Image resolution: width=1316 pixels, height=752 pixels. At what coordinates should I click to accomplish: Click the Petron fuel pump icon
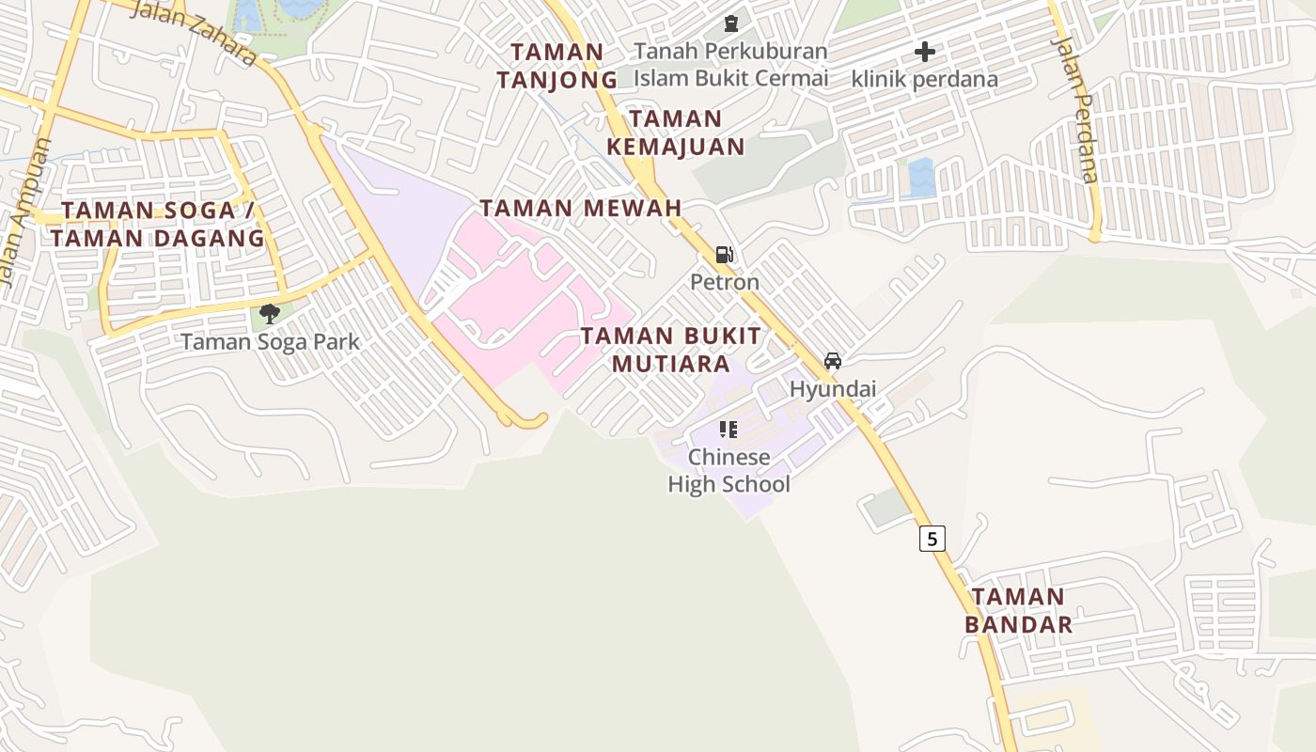(x=724, y=254)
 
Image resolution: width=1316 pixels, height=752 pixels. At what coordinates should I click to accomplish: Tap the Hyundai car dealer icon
(x=832, y=361)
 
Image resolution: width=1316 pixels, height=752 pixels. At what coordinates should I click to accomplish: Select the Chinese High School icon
(x=728, y=430)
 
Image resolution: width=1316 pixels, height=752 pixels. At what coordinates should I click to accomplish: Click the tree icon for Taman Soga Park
(x=270, y=313)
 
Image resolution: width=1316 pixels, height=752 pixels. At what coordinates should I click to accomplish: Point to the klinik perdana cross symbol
(x=925, y=52)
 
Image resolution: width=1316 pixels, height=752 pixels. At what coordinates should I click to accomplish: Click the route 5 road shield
(x=932, y=539)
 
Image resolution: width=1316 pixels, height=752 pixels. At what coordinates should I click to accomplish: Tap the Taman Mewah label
(x=581, y=208)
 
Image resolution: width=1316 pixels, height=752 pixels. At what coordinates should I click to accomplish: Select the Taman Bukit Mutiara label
(x=670, y=350)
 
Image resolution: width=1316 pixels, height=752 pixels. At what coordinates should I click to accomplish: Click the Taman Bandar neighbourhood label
(x=1018, y=610)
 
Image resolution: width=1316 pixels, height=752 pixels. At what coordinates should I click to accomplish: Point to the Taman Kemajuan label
(x=676, y=133)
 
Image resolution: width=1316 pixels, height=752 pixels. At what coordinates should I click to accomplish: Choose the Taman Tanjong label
(x=557, y=66)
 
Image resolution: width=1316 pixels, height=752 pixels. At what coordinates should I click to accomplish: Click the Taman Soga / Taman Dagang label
(x=158, y=224)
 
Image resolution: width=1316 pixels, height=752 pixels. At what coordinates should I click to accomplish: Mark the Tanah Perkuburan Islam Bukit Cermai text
(x=730, y=64)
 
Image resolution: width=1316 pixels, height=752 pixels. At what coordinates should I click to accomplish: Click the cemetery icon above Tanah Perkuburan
(x=730, y=23)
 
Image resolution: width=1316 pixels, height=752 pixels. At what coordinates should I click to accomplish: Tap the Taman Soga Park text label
(x=270, y=341)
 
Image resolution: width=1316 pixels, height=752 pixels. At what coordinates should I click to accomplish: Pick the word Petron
(x=724, y=282)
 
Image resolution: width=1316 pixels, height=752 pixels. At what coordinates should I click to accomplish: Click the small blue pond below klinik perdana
(x=921, y=177)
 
